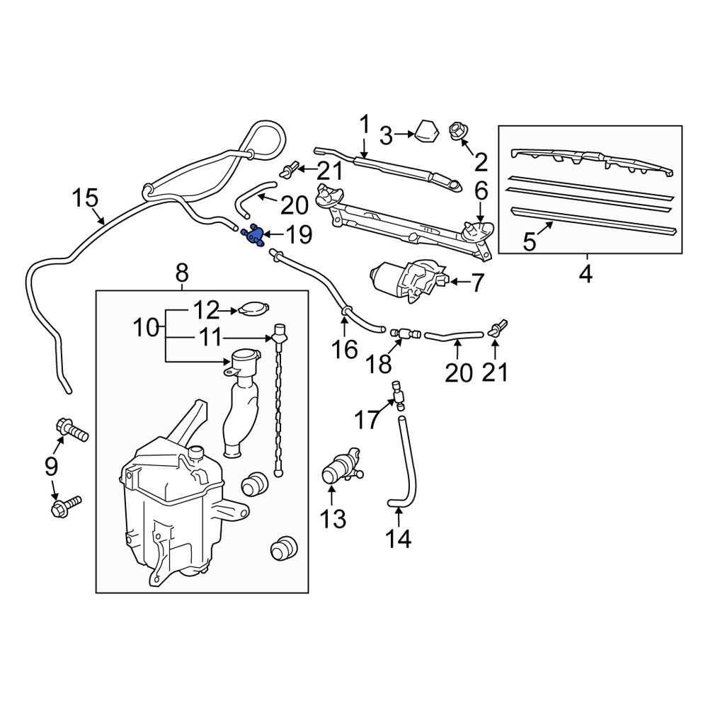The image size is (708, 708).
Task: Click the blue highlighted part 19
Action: coord(252,235)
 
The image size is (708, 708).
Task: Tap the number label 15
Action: coord(85,198)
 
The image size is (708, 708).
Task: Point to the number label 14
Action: coord(399,539)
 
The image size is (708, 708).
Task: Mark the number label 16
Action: coord(346,350)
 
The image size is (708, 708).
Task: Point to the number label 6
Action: coord(481,190)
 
